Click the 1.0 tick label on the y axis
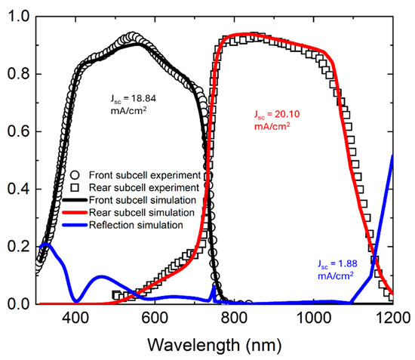coord(19,17)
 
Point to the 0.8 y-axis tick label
coord(19,74)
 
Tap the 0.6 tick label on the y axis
coord(19,131)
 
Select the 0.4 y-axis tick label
coord(19,189)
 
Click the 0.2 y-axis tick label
coord(19,247)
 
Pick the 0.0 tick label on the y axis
coord(19,304)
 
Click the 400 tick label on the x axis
coord(75,318)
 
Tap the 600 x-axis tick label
coord(155,318)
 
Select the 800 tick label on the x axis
coord(234,318)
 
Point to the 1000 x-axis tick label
coord(313,318)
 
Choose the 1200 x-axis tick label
coord(393,318)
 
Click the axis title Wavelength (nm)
coord(214,346)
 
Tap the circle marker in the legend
coord(75,175)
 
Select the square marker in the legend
coord(75,188)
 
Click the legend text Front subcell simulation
coord(143,201)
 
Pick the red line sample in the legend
coord(75,213)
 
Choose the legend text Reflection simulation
coord(136,225)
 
